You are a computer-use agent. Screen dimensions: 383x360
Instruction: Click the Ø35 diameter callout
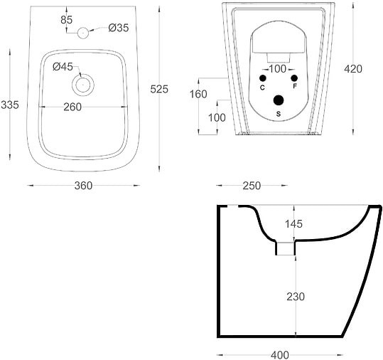tap(119, 28)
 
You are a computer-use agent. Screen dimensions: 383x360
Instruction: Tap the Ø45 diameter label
tap(63, 67)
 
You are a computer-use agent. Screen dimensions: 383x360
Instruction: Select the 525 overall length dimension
tap(159, 89)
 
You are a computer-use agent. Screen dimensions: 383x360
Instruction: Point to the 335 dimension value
tap(10, 105)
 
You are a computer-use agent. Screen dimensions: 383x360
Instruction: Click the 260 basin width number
tap(72, 107)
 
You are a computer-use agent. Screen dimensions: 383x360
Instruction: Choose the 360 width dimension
tap(83, 186)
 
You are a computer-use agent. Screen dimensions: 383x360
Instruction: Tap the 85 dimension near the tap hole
tap(67, 20)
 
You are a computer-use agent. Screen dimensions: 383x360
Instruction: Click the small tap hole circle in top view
tap(83, 32)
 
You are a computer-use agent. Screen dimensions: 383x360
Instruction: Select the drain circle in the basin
tap(83, 85)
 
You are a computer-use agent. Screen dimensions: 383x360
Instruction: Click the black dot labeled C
tap(263, 78)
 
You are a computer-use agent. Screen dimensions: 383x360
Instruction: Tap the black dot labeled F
tap(294, 78)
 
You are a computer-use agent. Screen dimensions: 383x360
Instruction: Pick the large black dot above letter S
tap(279, 100)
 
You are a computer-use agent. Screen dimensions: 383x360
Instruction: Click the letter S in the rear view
tap(279, 114)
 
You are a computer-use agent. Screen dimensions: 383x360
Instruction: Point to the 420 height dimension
tap(353, 69)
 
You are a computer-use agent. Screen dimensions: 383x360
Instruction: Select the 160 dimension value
tap(198, 94)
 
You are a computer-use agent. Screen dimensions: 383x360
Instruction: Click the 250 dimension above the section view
tap(252, 186)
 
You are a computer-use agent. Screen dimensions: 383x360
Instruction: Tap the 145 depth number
tap(294, 224)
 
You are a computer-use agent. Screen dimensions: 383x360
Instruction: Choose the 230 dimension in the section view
tap(296, 297)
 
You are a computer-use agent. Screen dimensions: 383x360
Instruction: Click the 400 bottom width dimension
tap(280, 355)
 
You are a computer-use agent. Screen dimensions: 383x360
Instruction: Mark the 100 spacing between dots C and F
tap(278, 69)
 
